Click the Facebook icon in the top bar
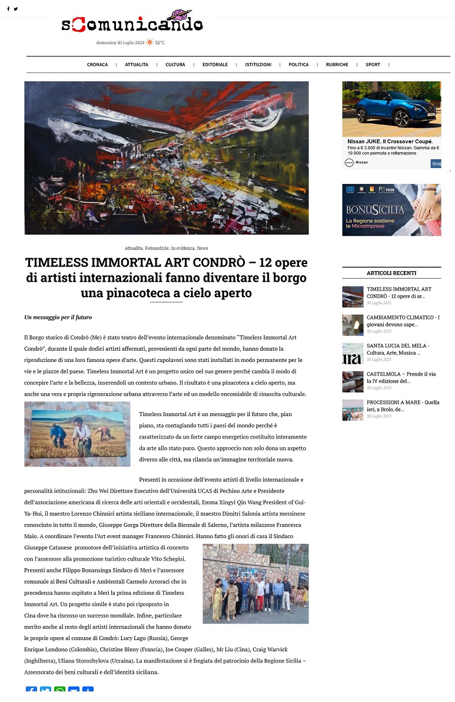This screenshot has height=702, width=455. [8, 9]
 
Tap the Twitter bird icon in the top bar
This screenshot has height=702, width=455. [16, 9]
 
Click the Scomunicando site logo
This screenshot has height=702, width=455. [132, 23]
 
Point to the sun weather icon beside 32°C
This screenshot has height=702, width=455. [150, 42]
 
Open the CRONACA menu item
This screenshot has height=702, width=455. [97, 65]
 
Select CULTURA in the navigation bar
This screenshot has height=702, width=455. [175, 65]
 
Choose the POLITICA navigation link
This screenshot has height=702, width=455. [298, 65]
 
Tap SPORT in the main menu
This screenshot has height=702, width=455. [373, 65]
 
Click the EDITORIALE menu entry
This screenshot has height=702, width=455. [215, 65]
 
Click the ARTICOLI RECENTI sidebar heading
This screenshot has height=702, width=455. [391, 273]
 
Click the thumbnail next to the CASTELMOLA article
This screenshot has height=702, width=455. [353, 381]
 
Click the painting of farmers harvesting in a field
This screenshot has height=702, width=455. [77, 434]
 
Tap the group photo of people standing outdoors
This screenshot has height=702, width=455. [255, 584]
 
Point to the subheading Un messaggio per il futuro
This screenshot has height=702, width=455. [58, 317]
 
